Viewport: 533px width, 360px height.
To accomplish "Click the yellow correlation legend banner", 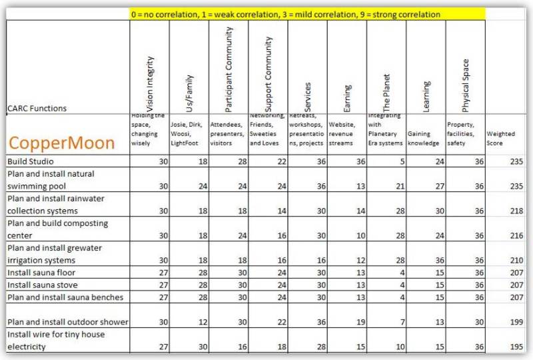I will pyautogui.click(x=307, y=13).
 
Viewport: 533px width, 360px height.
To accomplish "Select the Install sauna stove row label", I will pyautogui.click(x=42, y=285).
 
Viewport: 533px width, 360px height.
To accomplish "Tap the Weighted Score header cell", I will pyautogui.click(x=500, y=138).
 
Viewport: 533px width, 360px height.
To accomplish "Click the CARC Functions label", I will pyautogui.click(x=37, y=108).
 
